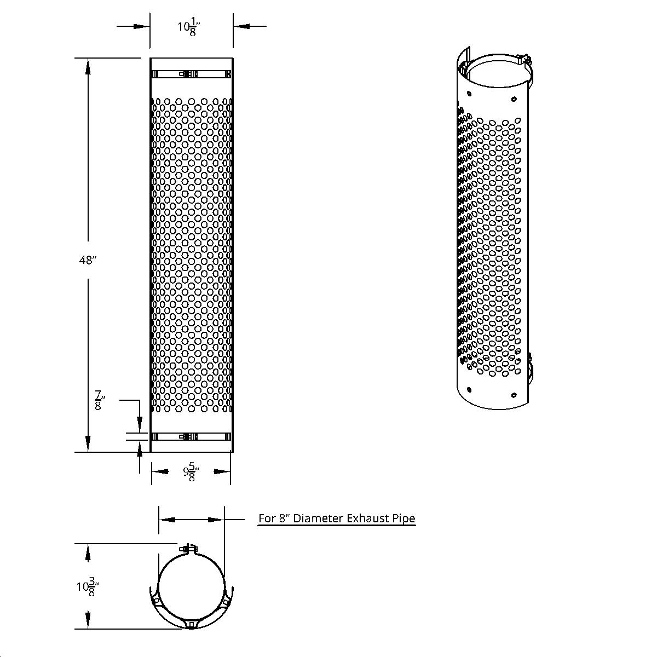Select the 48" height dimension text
(88, 261)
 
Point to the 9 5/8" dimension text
(191, 474)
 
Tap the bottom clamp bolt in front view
(188, 436)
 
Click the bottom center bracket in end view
(191, 624)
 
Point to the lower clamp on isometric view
(529, 367)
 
